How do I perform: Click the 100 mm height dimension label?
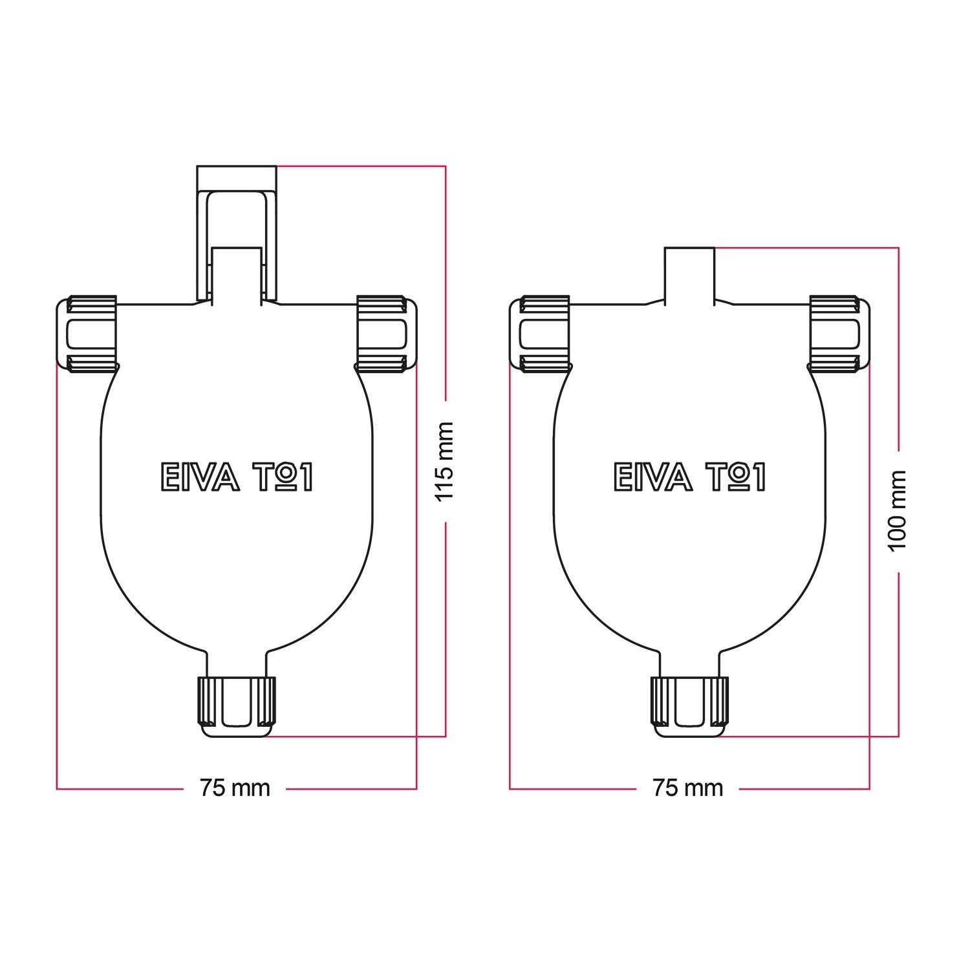[898, 511]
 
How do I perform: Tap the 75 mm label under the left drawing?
[235, 788]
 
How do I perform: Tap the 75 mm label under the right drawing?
[687, 788]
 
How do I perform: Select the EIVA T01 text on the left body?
[237, 477]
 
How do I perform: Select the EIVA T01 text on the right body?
[689, 477]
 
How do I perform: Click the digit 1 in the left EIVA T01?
[305, 477]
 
